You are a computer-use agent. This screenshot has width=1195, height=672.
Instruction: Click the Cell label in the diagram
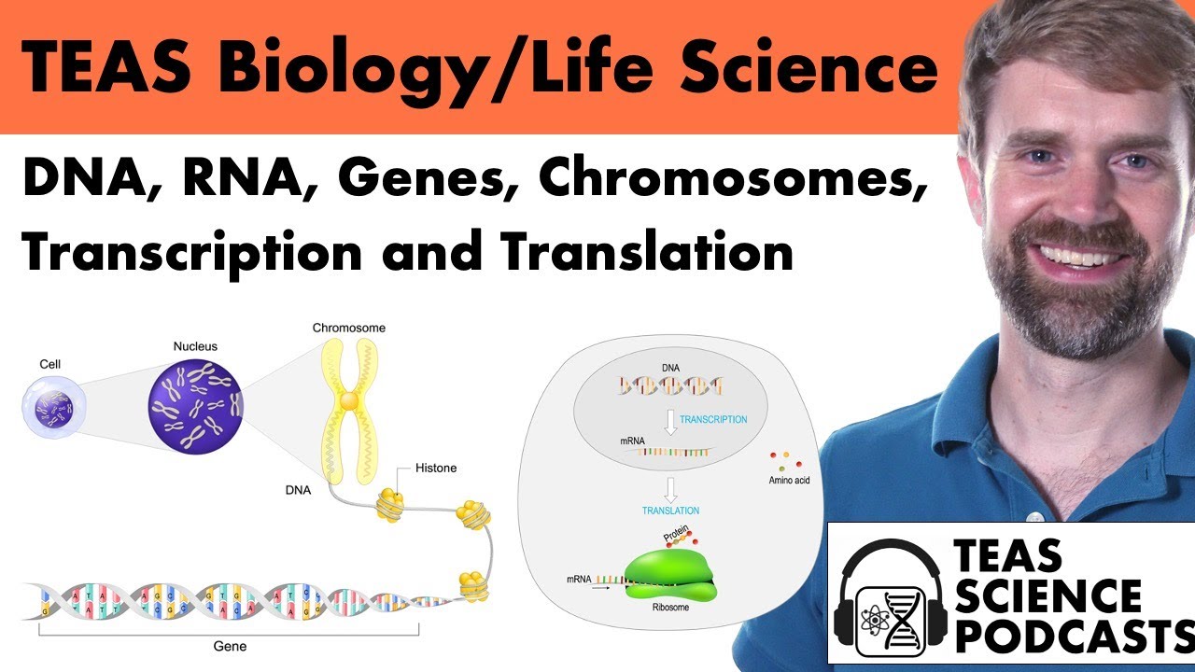51,363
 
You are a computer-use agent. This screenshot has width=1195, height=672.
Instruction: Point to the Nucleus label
195,346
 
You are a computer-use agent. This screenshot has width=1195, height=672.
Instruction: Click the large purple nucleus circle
196,403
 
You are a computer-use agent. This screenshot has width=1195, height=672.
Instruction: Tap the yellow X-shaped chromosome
349,401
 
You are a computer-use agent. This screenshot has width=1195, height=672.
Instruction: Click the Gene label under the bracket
230,645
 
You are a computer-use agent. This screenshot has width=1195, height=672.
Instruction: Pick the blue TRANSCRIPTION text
713,420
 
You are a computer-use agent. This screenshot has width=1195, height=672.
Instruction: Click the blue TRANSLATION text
670,511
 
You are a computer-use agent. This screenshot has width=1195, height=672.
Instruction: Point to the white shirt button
1033,517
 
